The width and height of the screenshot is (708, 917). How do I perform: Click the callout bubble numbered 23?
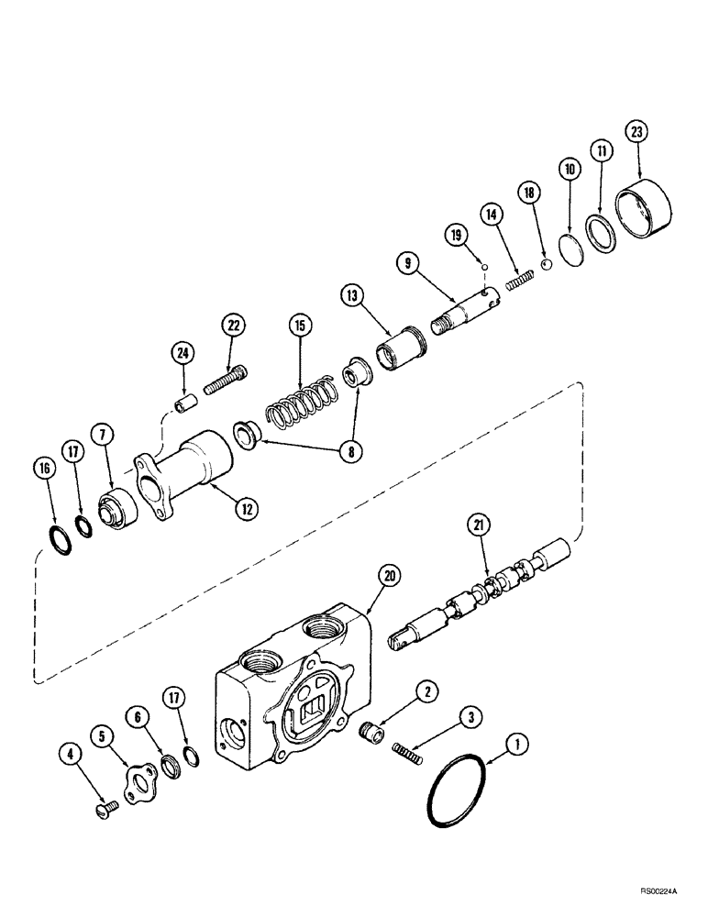point(636,132)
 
